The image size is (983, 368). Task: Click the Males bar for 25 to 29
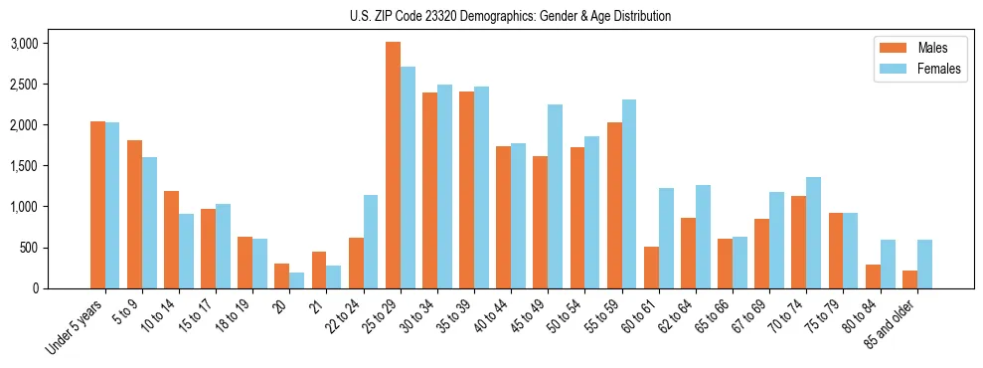[393, 165]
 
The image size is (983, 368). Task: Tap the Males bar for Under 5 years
[97, 205]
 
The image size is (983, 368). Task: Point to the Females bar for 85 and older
[923, 264]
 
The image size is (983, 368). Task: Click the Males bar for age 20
[281, 276]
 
